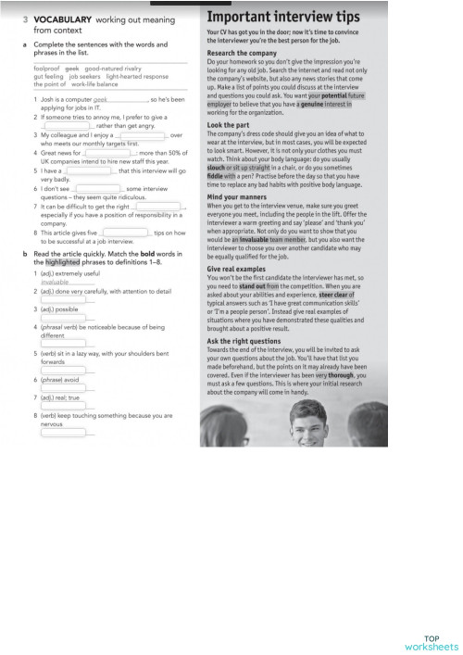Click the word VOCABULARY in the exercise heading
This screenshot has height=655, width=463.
point(59,18)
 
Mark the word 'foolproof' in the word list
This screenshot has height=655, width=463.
point(46,69)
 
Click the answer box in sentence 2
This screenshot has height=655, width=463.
point(67,125)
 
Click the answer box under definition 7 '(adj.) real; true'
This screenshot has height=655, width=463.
point(62,405)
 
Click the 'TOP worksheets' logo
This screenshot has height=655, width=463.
point(431,642)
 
